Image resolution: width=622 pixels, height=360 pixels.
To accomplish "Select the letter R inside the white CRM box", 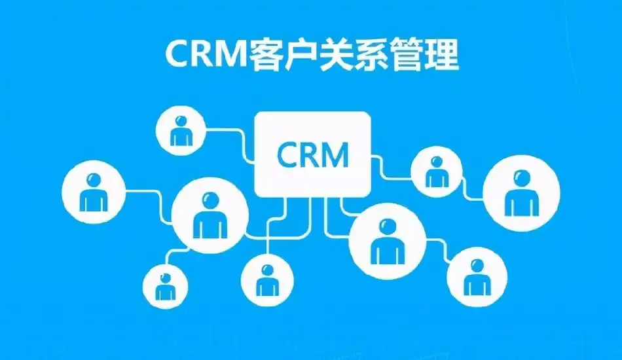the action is point(310,154).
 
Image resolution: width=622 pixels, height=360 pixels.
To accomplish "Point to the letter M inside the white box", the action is point(336,154).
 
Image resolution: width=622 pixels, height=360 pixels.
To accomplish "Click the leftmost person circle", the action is point(94,192).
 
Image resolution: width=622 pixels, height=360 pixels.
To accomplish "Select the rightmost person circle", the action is point(522,193).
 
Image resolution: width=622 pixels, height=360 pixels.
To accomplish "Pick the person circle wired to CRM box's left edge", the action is point(181,130).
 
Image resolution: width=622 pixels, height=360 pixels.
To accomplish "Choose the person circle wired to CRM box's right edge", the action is point(437,171).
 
